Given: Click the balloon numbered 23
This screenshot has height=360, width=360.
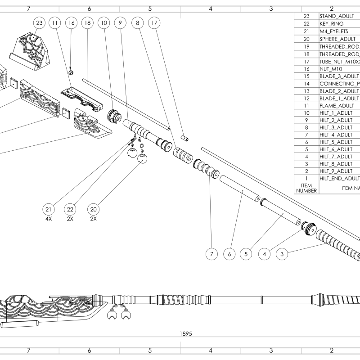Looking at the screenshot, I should coord(39,22).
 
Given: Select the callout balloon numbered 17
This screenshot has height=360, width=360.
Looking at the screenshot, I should coord(154,22).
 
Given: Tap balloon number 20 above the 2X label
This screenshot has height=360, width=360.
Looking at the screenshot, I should coord(93,209).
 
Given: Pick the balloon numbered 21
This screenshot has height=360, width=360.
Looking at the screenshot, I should coord(49,209).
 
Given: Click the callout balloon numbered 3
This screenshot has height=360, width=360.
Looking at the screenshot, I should coord(282,254).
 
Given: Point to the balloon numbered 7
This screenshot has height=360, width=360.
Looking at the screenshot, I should coord(211,254).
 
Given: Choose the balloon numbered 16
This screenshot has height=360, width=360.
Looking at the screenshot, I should coord(71,22).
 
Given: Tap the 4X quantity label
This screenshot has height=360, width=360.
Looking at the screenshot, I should coord(49,219).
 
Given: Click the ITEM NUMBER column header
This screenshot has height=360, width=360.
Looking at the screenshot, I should coord(306,188).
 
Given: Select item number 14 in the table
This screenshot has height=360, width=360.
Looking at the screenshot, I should coord(306,83).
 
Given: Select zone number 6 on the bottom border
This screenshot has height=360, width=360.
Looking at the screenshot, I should coord(89,350).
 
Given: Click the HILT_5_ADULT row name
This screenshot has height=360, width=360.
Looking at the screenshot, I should coord(336,141).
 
